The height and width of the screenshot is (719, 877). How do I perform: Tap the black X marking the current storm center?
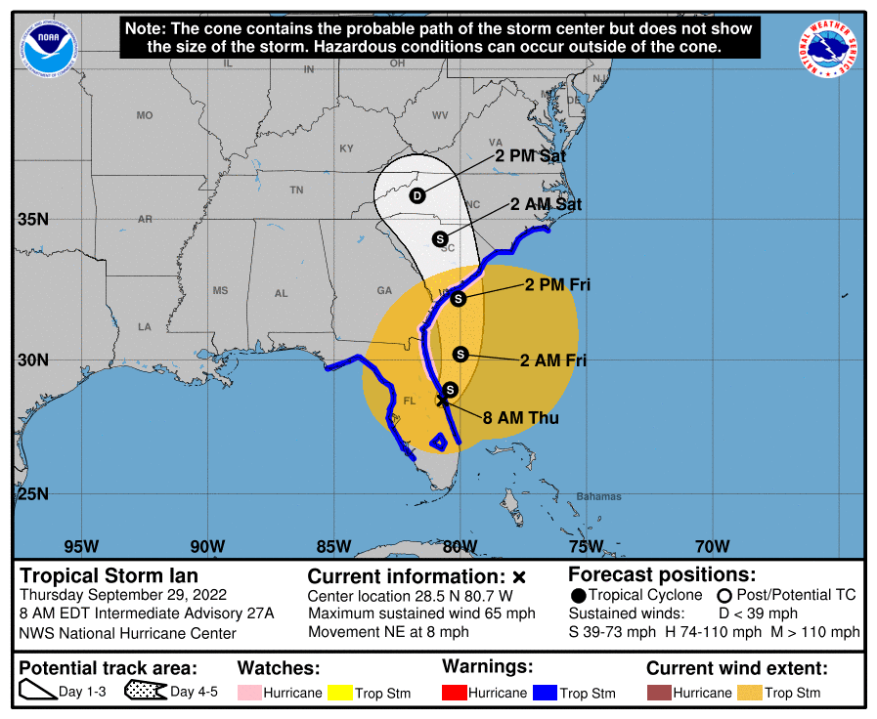[x=442, y=399]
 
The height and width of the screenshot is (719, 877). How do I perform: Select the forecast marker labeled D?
[x=417, y=195]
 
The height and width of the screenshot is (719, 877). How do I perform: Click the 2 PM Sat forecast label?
[x=530, y=155]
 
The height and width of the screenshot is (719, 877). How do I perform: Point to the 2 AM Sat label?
[x=546, y=204]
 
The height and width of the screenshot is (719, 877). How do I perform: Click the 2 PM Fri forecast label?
[x=557, y=285]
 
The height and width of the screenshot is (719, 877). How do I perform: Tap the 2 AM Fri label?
[x=553, y=360]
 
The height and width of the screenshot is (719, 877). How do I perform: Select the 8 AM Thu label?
[x=521, y=418]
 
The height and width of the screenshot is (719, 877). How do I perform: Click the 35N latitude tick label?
[x=32, y=220]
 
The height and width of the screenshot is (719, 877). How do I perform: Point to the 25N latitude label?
[x=32, y=493]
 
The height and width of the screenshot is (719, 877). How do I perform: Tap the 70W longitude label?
[x=712, y=545]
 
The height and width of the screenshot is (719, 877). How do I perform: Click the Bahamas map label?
[x=598, y=496]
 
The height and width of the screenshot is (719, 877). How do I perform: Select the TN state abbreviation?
[x=296, y=190]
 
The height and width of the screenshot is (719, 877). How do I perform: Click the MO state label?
[x=145, y=115]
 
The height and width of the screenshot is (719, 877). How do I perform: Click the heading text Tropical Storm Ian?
[x=109, y=575]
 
